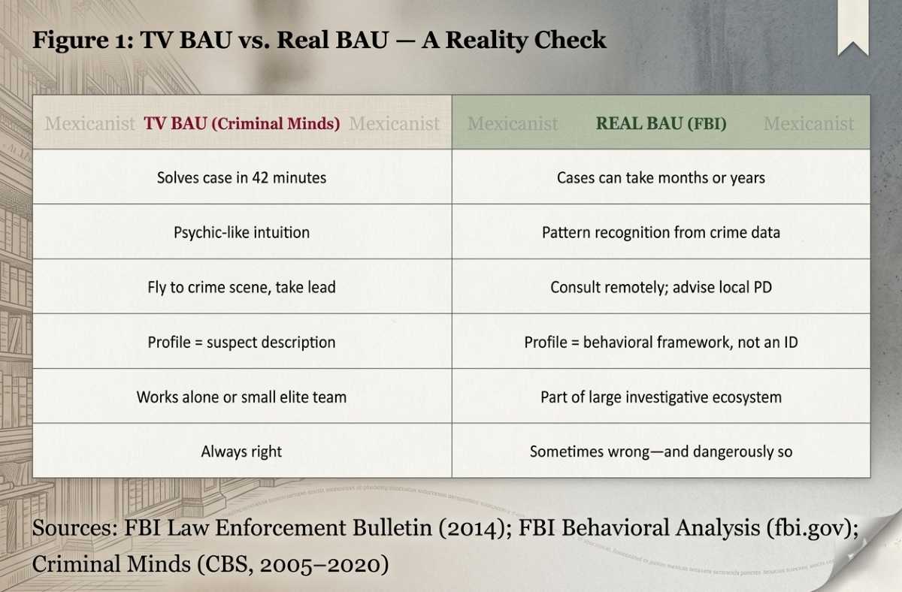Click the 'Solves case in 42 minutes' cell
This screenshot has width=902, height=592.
pos(241,178)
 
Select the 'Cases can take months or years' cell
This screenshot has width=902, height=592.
pos(661,178)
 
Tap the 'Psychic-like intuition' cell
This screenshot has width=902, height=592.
pos(241,232)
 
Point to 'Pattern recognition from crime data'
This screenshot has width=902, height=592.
pos(661,232)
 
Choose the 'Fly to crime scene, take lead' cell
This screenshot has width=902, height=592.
pos(241,287)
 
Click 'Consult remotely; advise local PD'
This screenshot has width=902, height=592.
pos(661,287)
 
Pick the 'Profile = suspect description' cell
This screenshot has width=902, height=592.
pos(241,342)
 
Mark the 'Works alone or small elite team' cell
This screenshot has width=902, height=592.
pos(241,397)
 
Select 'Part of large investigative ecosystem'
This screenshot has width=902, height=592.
pos(661,397)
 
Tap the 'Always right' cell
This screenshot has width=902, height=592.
pos(241,452)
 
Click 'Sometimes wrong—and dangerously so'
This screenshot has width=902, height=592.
pos(661,452)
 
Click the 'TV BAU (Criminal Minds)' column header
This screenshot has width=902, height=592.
pos(241,123)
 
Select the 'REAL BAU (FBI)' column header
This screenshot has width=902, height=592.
pos(661,123)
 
